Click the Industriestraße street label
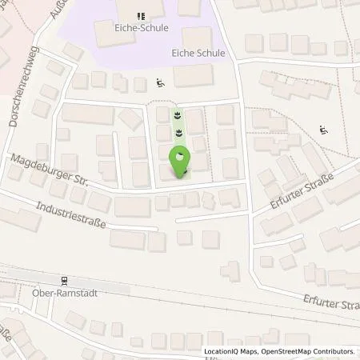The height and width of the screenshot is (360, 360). (x=70, y=215)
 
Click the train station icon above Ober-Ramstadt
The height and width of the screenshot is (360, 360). (x=64, y=279)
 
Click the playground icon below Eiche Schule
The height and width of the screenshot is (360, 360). (x=161, y=81)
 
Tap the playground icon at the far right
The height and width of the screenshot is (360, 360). (x=323, y=130)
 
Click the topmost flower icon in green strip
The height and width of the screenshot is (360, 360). (x=178, y=114)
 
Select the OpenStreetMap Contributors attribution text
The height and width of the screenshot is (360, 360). (x=314, y=351)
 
